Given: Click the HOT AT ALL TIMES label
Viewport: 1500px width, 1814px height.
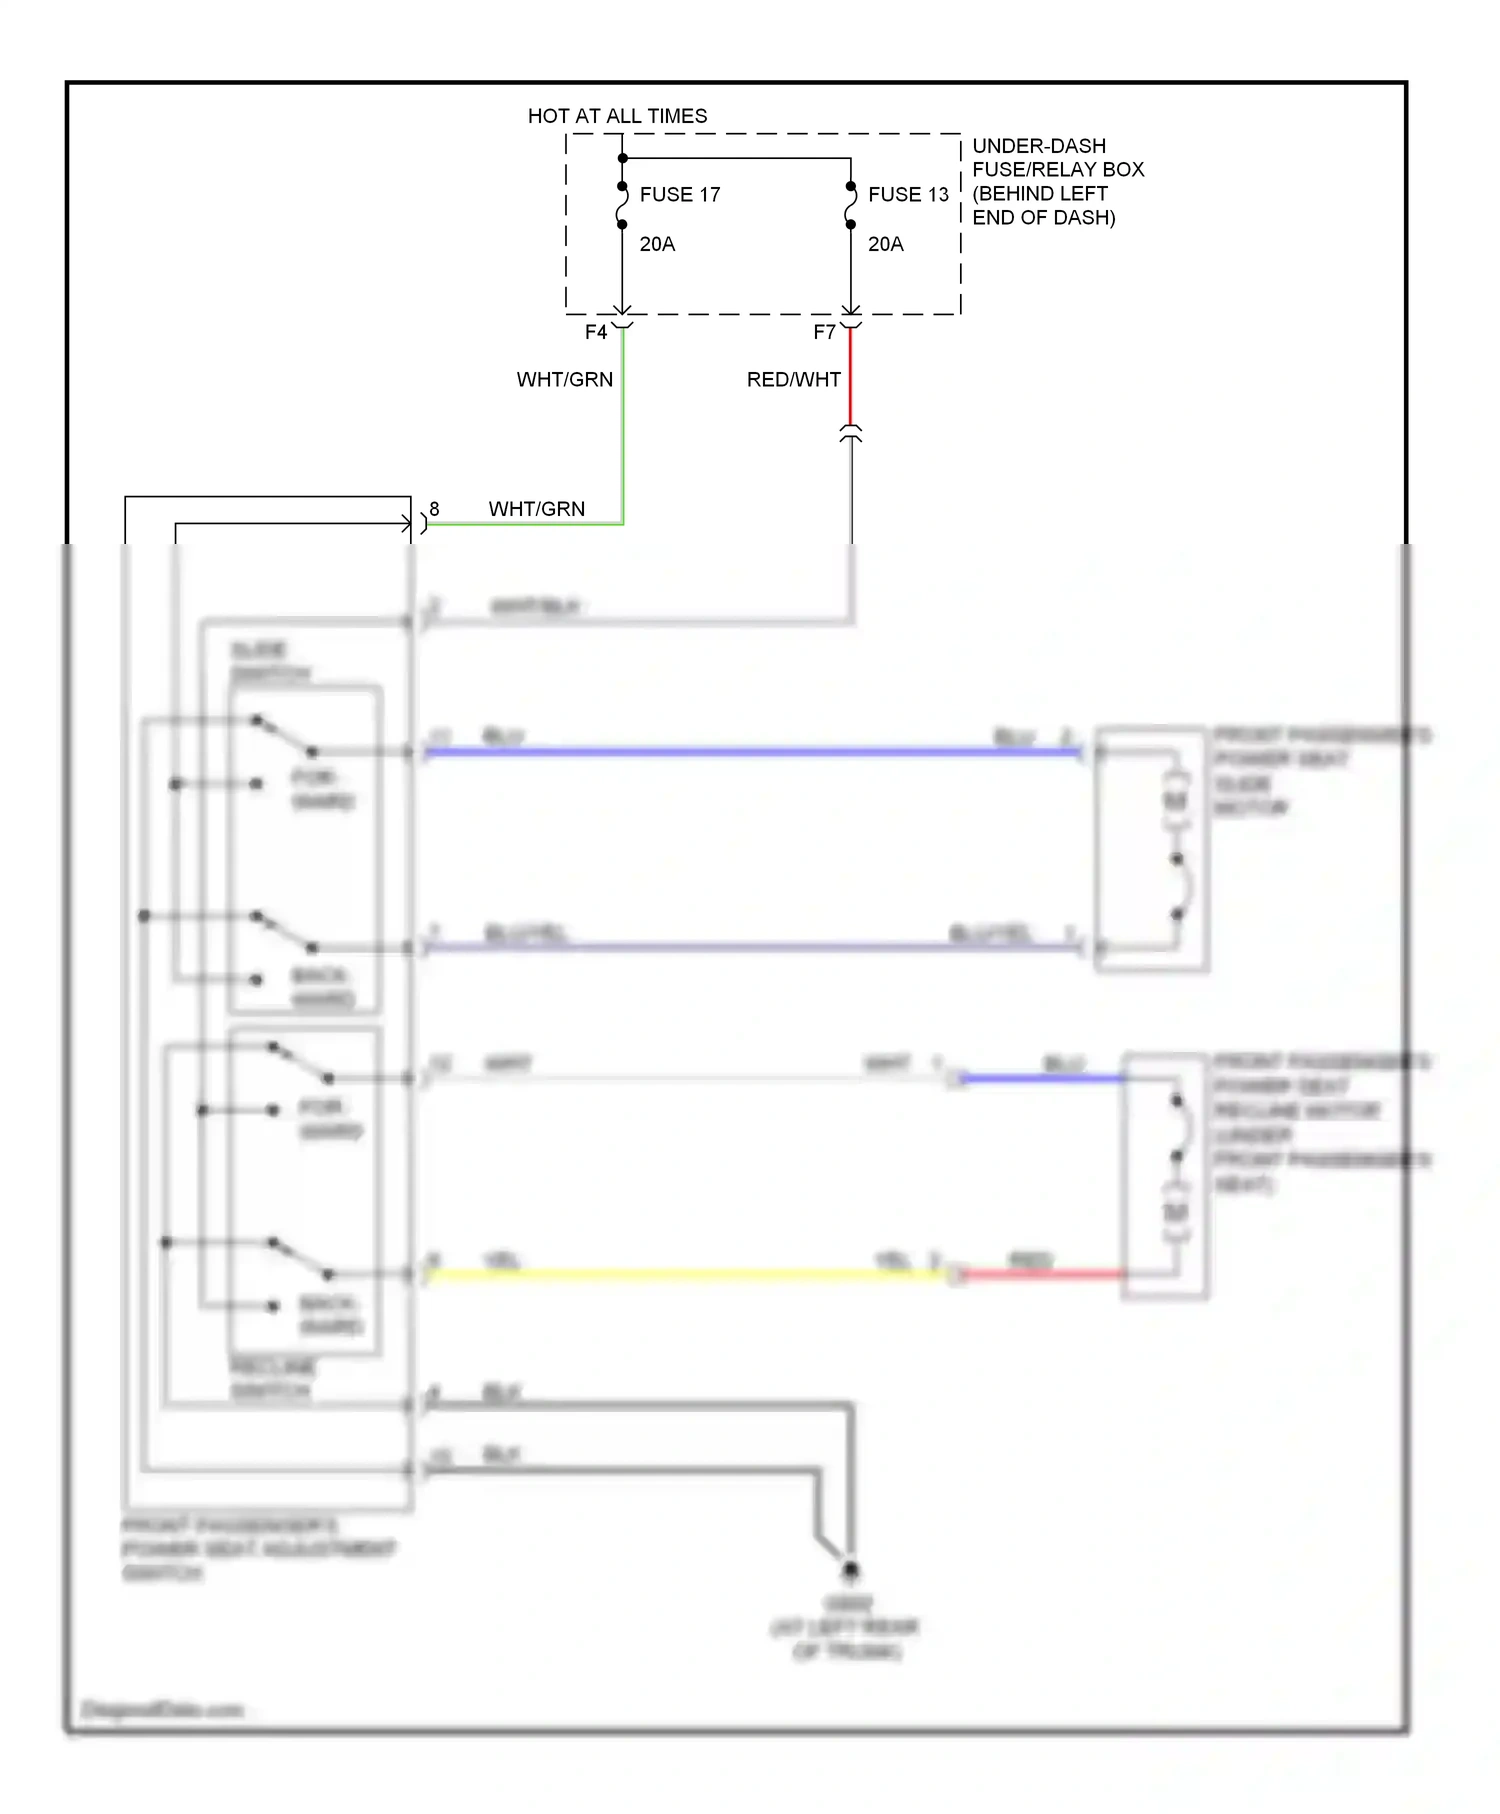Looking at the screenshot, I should [x=617, y=116].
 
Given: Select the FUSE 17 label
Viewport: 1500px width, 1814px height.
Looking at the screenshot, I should [x=679, y=195].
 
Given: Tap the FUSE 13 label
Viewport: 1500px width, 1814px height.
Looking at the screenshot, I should [x=907, y=195].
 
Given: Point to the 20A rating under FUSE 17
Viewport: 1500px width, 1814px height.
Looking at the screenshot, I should [x=657, y=244].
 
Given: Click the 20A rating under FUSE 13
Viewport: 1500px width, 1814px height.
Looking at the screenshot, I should [x=885, y=244].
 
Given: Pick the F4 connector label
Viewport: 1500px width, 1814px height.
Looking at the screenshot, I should [x=596, y=332].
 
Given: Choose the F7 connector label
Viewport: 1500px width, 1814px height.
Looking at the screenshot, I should [x=824, y=332].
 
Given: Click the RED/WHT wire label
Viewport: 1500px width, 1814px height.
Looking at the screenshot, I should [x=793, y=380].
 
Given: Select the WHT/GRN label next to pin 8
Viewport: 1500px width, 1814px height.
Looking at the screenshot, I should [x=536, y=509].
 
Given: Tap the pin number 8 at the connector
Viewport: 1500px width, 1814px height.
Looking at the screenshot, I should [x=434, y=509].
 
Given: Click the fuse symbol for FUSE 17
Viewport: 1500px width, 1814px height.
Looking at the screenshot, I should [x=622, y=205].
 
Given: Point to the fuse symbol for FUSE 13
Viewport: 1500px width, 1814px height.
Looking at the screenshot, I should [x=851, y=205].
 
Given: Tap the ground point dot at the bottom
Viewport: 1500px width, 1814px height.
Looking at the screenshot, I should [x=850, y=1571].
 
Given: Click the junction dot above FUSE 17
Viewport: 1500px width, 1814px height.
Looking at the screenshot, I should [x=622, y=158].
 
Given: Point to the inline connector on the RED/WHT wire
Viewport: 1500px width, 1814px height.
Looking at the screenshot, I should [x=851, y=433].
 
